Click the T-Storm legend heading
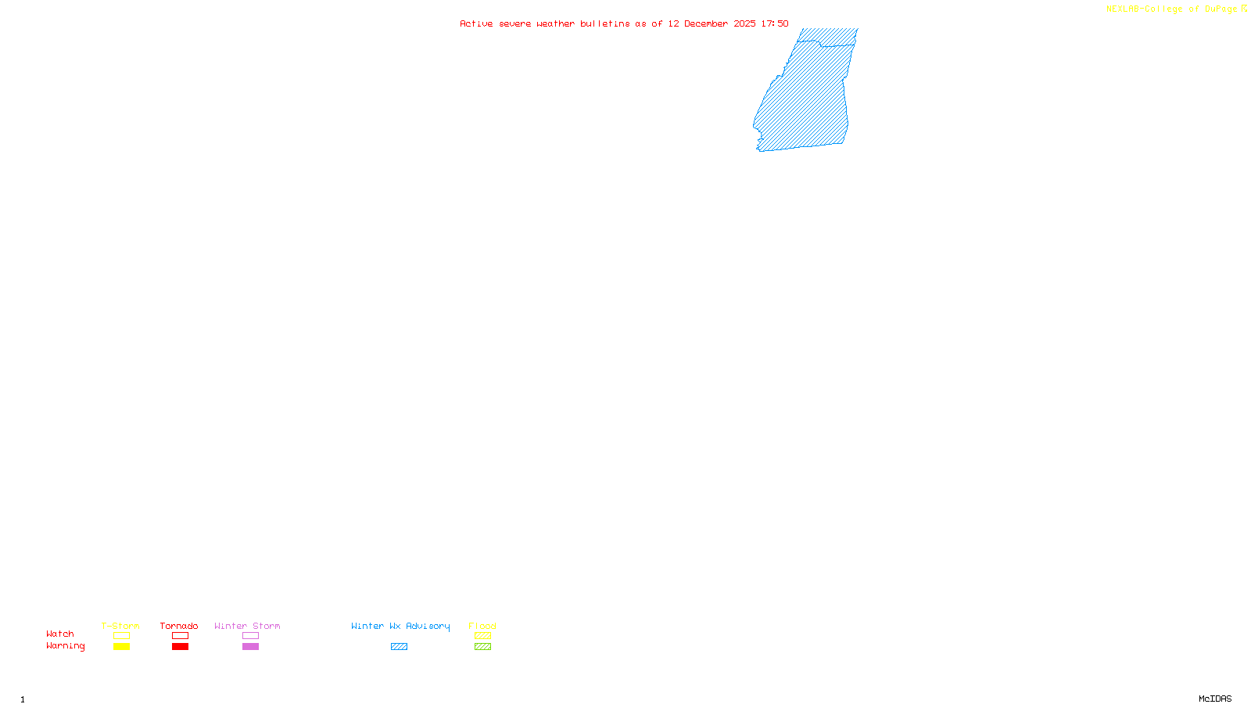pyautogui.click(x=120, y=626)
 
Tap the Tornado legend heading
pyautogui.click(x=179, y=626)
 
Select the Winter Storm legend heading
pyautogui.click(x=247, y=626)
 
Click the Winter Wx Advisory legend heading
pyautogui.click(x=400, y=626)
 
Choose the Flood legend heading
pyautogui.click(x=482, y=626)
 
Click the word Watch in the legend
pyautogui.click(x=60, y=634)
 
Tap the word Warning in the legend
pyautogui.click(x=66, y=646)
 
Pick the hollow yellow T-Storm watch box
pyautogui.click(x=121, y=636)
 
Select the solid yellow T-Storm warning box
pyautogui.click(x=121, y=647)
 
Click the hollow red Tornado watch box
pyautogui.click(x=180, y=636)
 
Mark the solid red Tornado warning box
pyautogui.click(x=180, y=647)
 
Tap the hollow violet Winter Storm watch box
pyautogui.click(x=250, y=636)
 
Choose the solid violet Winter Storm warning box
pyautogui.click(x=250, y=647)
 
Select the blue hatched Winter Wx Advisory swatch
pyautogui.click(x=399, y=647)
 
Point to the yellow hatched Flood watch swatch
pyautogui.click(x=482, y=636)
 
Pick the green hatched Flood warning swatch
pyautogui.click(x=482, y=647)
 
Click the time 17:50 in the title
pyautogui.click(x=775, y=23)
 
